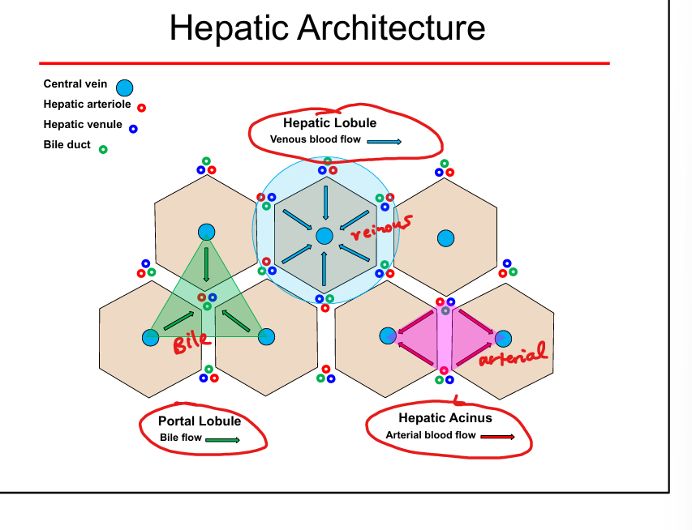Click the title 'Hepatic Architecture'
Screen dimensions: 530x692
(x=327, y=28)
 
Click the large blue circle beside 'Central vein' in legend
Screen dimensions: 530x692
(x=124, y=88)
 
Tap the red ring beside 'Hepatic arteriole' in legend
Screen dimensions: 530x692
(x=141, y=107)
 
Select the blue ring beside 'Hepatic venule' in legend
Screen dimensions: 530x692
(x=133, y=128)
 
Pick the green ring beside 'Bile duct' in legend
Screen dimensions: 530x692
(x=102, y=149)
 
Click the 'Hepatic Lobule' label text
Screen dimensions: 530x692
(x=329, y=123)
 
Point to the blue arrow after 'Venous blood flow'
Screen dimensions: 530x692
(x=384, y=141)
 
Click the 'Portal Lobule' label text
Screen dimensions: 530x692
(x=199, y=421)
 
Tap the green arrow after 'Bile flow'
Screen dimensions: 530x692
(x=222, y=440)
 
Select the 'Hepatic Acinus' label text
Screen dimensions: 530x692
(x=445, y=418)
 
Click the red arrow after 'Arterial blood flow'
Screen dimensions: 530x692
(x=497, y=437)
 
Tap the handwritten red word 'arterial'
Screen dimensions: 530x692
(x=513, y=354)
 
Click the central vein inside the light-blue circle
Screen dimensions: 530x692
(x=325, y=236)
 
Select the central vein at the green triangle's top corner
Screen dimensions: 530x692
(x=206, y=232)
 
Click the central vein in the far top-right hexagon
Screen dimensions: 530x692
(x=445, y=238)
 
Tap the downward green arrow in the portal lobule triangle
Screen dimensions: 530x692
(x=206, y=264)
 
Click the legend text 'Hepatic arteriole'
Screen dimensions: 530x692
(x=87, y=105)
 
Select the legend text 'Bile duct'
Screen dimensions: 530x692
(x=67, y=145)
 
